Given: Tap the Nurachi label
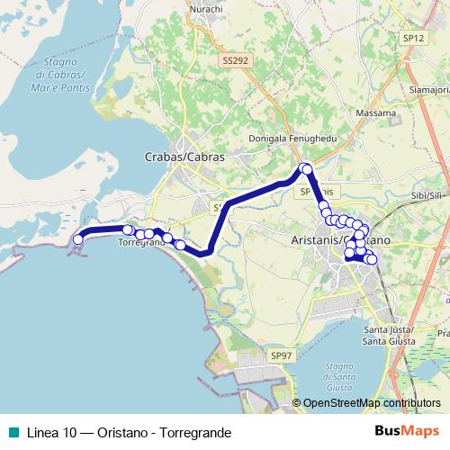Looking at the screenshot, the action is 208,12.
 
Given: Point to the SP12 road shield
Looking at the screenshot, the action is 413,38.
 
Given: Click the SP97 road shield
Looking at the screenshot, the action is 282,356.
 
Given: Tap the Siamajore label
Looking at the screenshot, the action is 428,89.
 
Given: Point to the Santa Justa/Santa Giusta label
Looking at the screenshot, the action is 388,335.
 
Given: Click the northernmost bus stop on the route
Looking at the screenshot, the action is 306,167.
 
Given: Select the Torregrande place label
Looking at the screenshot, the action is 141,244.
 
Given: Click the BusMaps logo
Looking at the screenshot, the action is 413,432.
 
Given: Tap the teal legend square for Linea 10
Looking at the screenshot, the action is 10,433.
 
